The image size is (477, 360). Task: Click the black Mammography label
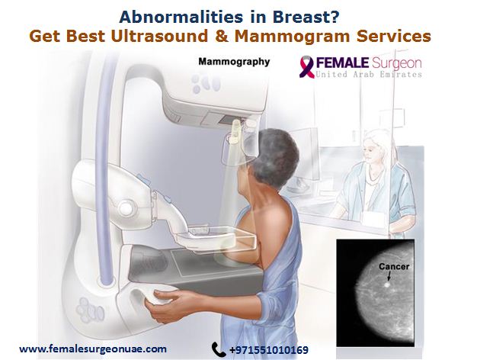point(234,62)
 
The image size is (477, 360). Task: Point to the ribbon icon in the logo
point(306,66)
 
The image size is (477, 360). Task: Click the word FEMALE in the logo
point(342,63)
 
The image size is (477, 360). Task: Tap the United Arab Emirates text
point(369,74)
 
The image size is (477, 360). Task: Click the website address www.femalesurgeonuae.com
point(93,349)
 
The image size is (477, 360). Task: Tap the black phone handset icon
point(219,349)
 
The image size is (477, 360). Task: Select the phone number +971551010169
point(269,350)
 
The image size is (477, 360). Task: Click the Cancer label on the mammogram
point(394,267)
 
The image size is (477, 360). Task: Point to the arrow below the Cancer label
point(389,277)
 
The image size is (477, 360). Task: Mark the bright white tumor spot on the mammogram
point(386,285)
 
